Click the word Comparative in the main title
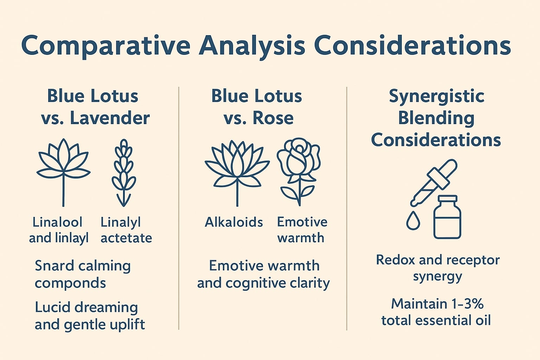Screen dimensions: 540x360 [105, 46]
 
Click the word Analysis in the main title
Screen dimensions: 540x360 [252, 46]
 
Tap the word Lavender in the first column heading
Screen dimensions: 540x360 [110, 118]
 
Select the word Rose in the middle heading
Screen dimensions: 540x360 [273, 118]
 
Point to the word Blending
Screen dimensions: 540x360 [436, 118]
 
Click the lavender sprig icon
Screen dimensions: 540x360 [124, 173]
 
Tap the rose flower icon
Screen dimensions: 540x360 [299, 172]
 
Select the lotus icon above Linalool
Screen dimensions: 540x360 [63, 172]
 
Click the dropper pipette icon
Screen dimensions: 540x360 [434, 182]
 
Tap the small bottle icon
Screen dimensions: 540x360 [447, 217]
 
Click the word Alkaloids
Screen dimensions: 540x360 [233, 222]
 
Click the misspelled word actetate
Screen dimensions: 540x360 [126, 238]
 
